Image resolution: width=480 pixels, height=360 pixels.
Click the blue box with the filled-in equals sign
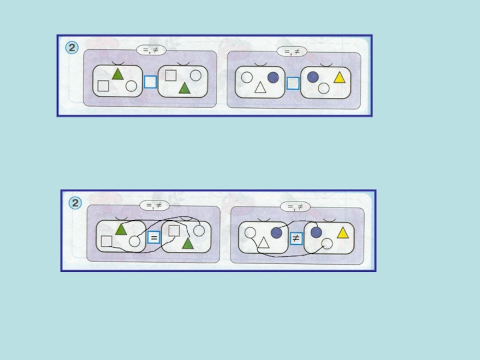(x=154, y=237)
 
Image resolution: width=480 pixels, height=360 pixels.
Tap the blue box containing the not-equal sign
(x=296, y=238)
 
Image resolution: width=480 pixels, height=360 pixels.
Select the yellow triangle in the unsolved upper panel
(x=340, y=77)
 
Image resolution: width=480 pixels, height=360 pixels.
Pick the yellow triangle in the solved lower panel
(x=343, y=233)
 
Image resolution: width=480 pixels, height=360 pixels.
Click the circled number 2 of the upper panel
(x=72, y=48)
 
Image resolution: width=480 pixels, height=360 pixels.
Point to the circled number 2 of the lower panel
(x=75, y=203)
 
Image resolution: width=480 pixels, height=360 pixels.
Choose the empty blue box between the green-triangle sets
(x=151, y=82)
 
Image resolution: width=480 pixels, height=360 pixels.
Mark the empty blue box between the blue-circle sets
(x=293, y=83)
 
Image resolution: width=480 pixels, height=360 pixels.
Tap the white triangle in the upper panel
(x=260, y=88)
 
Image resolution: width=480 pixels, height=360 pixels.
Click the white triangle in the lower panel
(x=263, y=243)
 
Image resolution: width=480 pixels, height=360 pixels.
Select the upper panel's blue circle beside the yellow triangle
(x=313, y=77)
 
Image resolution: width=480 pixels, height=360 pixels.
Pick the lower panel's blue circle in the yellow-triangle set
(x=316, y=232)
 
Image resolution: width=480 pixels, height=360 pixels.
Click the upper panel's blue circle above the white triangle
(x=273, y=77)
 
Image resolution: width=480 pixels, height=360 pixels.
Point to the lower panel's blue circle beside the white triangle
(x=277, y=233)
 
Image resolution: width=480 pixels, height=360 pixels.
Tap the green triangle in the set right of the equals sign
(x=188, y=244)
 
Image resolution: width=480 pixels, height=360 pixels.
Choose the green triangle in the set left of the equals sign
(x=121, y=229)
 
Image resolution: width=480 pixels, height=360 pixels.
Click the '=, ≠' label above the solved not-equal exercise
(x=295, y=207)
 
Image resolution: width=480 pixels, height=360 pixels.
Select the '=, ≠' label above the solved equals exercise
(x=154, y=205)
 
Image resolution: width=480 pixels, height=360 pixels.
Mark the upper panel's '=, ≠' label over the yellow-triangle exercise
(x=292, y=52)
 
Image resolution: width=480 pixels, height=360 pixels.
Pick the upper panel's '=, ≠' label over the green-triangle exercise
(x=151, y=50)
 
